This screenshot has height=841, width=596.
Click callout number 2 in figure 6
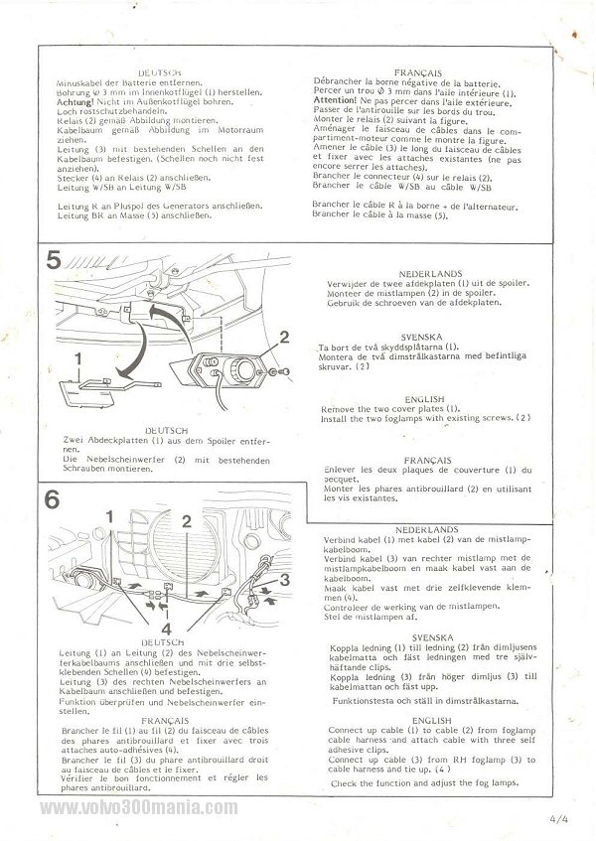click(185, 520)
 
